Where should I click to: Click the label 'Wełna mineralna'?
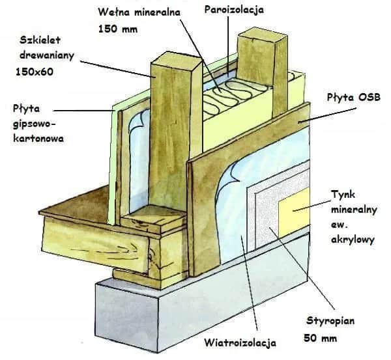coord(139,12)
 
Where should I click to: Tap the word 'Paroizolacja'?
coord(234,10)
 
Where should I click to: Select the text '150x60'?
coord(35,72)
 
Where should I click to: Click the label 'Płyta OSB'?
coord(354,97)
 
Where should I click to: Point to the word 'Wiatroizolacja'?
coord(240,342)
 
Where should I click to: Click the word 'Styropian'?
coord(330,321)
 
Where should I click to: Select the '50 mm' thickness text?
coord(321,339)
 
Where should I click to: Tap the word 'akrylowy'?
coord(353,240)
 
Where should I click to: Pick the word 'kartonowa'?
coord(38,138)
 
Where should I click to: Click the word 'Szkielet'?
coord(40,40)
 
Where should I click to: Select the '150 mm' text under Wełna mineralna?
coord(118,29)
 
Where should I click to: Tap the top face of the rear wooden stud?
coord(263,34)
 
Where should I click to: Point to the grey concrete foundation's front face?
coord(126,316)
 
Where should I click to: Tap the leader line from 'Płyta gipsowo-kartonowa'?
coord(84,111)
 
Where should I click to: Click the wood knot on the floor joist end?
coord(151,256)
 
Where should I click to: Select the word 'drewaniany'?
coord(47,55)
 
